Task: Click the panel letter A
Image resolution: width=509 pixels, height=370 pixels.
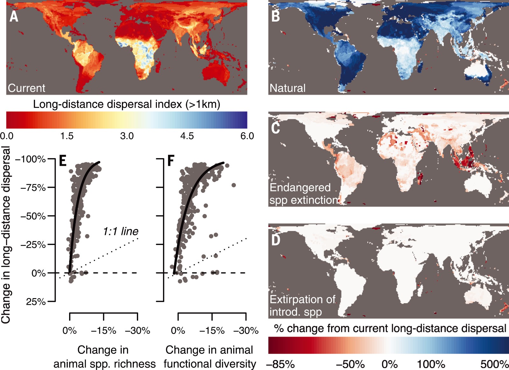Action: click(14, 16)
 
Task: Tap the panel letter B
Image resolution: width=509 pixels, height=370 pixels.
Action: click(275, 16)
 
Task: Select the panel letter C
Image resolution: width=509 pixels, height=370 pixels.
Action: click(275, 128)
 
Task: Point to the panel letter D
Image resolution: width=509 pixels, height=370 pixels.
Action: click(275, 240)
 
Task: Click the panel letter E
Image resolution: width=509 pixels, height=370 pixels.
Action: click(63, 161)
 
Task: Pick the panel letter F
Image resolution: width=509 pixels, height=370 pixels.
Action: click(171, 161)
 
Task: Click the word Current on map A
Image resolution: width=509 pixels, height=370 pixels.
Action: click(26, 88)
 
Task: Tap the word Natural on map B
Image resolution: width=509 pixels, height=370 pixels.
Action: click(287, 88)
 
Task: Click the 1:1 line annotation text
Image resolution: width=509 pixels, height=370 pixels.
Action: click(121, 231)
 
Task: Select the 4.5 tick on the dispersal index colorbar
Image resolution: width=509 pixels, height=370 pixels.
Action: click(187, 136)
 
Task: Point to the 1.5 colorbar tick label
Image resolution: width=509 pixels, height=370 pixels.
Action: click(67, 136)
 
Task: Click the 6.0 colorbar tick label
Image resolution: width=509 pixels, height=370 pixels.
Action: click(247, 136)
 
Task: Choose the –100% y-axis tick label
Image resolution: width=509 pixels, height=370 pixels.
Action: click(31, 159)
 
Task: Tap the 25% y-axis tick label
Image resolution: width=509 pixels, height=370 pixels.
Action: click(36, 302)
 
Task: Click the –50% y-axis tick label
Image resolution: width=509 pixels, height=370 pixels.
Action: click(33, 216)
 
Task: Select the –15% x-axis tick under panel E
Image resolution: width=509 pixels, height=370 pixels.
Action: click(103, 331)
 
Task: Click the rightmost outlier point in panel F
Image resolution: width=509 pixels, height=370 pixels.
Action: click(234, 185)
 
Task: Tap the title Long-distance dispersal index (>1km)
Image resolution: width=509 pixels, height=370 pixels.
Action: click(127, 104)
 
